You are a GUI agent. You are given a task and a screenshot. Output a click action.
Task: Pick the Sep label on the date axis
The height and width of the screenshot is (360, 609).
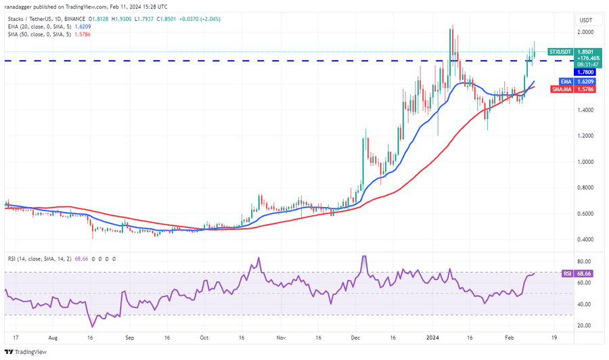[131, 336]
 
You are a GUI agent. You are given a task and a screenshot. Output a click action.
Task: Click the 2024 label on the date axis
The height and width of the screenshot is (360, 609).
[432, 336]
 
